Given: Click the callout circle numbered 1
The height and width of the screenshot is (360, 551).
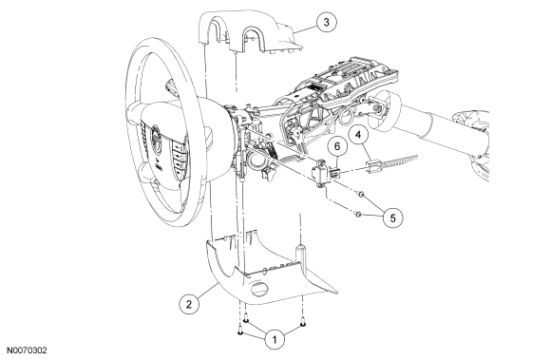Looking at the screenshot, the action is tap(275, 339).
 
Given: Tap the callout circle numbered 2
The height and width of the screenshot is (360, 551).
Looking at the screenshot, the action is tap(189, 304).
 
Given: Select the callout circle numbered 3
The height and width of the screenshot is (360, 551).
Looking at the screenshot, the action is tap(327, 22).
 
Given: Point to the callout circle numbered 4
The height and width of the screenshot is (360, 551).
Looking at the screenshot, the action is tap(358, 135).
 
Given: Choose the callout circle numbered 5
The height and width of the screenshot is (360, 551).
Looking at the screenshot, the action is tap(393, 218).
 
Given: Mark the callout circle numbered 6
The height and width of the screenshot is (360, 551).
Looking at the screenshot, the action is tap(337, 146).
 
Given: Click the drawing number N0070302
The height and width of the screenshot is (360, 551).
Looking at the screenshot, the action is tap(27, 351).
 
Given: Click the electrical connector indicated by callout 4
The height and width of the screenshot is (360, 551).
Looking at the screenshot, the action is tap(373, 165).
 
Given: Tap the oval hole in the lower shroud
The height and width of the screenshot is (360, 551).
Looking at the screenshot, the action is tap(259, 288).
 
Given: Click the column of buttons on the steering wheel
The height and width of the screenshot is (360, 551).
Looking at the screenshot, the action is tap(178, 157).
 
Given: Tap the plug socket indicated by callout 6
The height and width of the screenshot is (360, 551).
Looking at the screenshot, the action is tap(334, 173).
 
